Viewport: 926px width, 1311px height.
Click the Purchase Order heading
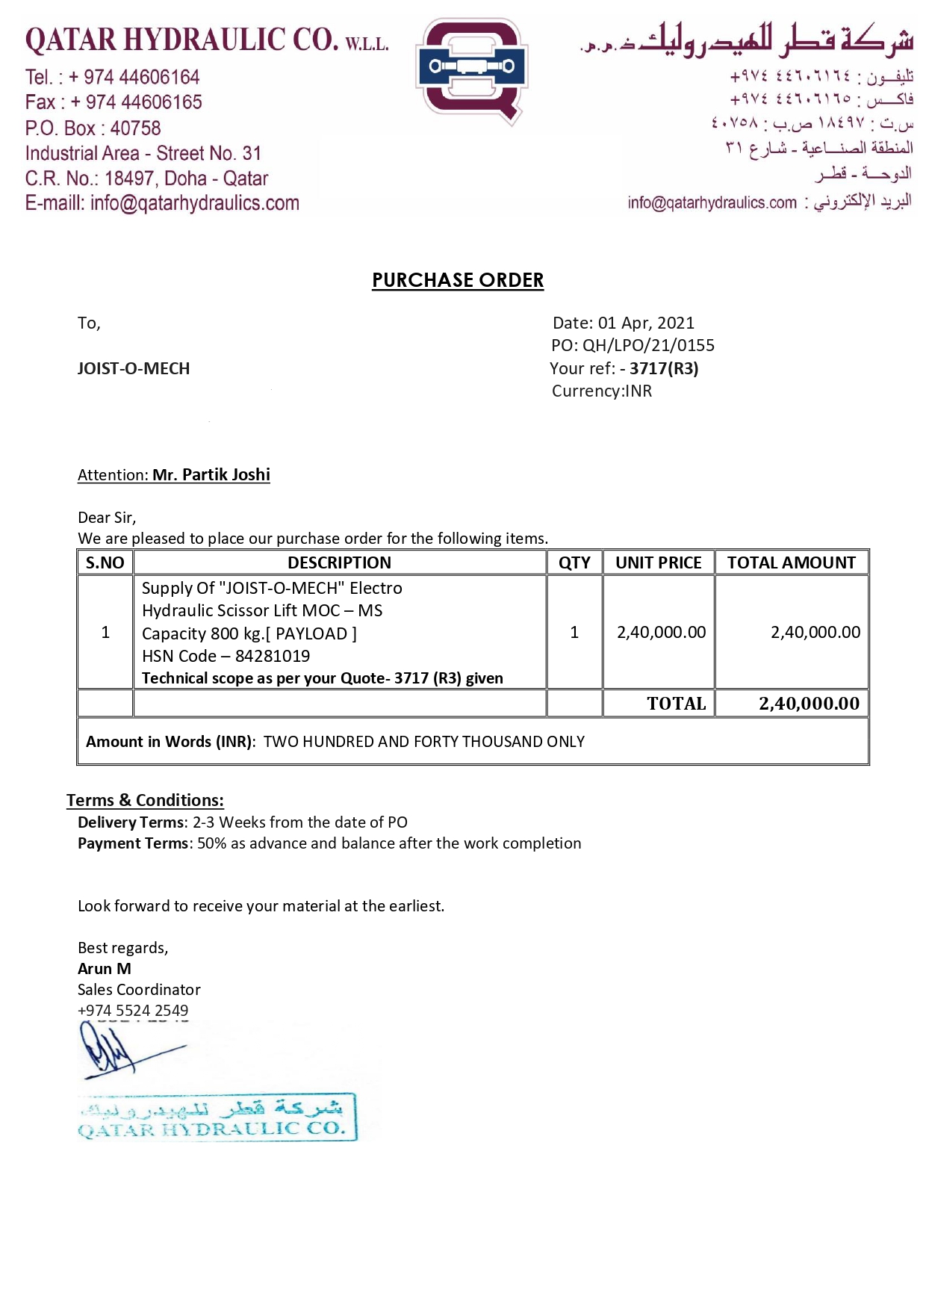[458, 280]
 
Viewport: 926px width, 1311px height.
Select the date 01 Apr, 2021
[646, 323]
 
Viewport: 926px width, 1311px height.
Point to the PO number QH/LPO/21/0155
[648, 345]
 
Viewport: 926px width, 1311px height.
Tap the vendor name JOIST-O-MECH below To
[134, 368]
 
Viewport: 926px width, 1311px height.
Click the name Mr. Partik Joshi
[211, 475]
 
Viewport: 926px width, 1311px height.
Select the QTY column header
[574, 562]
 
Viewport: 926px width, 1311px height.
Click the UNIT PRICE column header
[658, 562]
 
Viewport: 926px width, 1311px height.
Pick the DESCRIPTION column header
[339, 562]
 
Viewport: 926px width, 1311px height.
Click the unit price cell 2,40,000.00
[661, 632]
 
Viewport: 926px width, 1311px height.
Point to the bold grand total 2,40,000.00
[809, 703]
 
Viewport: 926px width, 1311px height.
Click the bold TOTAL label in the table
[676, 703]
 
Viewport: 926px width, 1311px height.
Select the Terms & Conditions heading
[145, 800]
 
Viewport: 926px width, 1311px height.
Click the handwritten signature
[119, 1050]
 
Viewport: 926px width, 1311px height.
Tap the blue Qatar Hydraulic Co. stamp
[217, 1117]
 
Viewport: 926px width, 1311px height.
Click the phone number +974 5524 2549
[133, 1010]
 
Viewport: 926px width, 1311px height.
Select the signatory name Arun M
[105, 968]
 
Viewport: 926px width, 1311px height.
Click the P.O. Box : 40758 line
[93, 128]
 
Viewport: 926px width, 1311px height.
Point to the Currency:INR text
[601, 391]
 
